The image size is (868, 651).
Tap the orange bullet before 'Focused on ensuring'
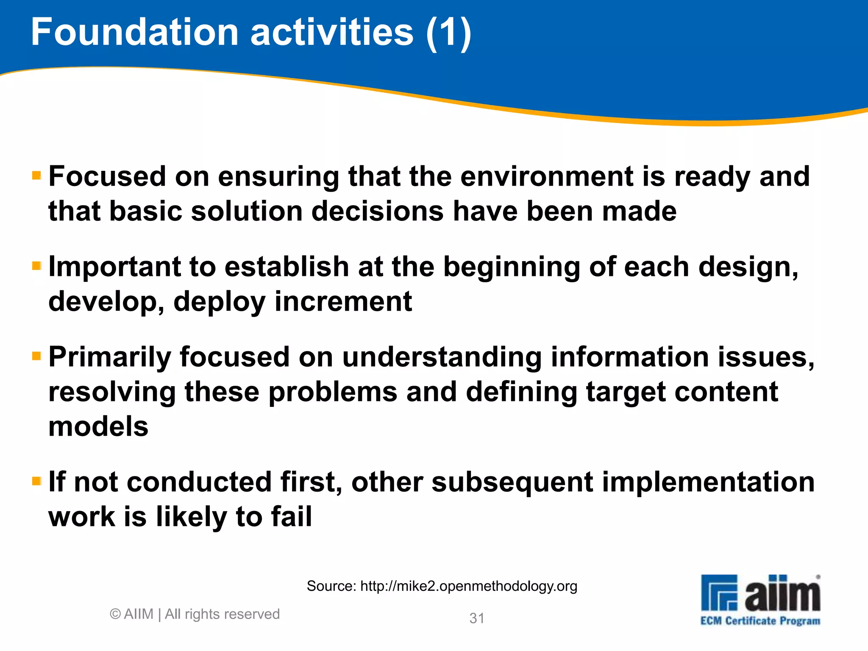pos(36,175)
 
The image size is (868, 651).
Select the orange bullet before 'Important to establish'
pos(36,266)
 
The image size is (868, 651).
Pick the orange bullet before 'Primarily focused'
pos(36,356)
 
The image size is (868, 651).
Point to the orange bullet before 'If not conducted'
pos(36,481)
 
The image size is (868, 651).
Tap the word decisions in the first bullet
pos(378,211)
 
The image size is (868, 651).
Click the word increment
pos(343,301)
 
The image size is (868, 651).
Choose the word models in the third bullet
pos(98,426)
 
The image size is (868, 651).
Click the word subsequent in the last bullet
pos(512,482)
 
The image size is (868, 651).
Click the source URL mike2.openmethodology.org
pos(468,586)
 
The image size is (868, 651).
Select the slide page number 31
pos(477,618)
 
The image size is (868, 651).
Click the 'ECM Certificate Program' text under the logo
pos(760,621)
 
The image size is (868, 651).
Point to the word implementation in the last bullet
pos(708,482)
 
